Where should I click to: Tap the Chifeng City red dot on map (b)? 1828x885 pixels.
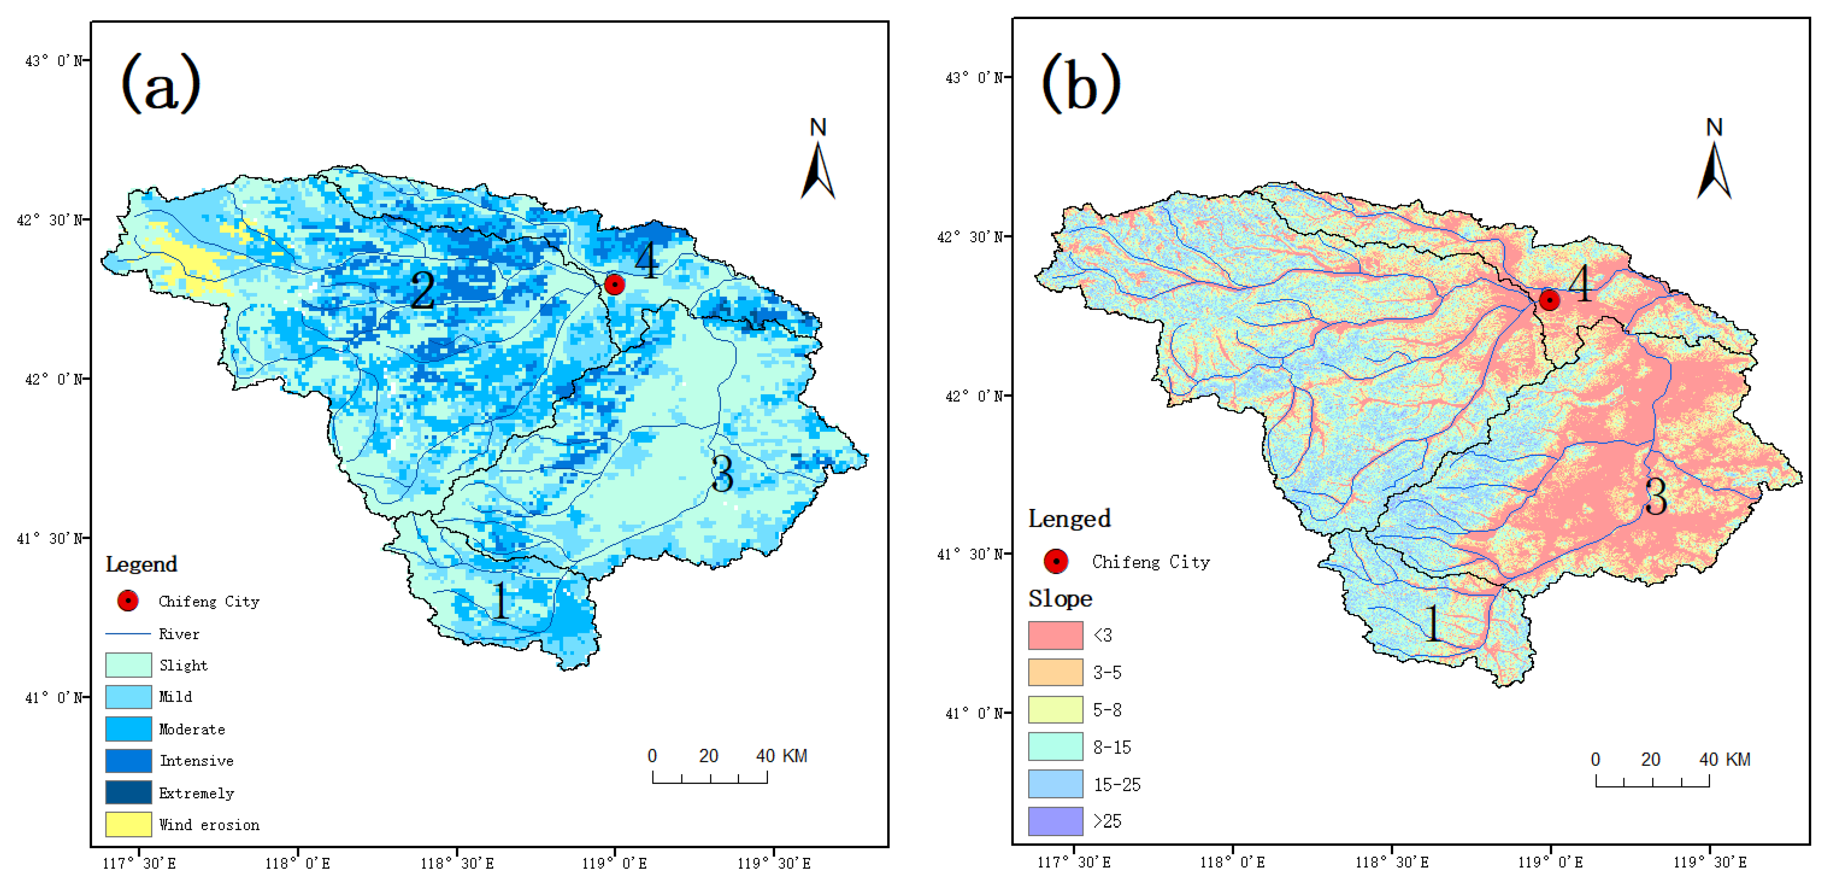[1549, 300]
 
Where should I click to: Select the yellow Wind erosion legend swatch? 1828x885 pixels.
[129, 824]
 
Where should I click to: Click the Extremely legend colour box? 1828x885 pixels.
[129, 792]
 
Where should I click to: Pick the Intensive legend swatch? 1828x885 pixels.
[129, 760]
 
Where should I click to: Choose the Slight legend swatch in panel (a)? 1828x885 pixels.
[129, 665]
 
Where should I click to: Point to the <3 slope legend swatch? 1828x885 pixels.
[1055, 635]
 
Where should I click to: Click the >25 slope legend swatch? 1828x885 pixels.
[1055, 821]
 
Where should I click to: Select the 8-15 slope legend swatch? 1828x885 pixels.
[1055, 747]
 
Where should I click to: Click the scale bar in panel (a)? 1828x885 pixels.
[710, 777]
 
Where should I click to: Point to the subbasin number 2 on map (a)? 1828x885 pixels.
[423, 289]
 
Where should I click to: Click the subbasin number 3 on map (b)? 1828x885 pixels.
[1656, 496]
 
